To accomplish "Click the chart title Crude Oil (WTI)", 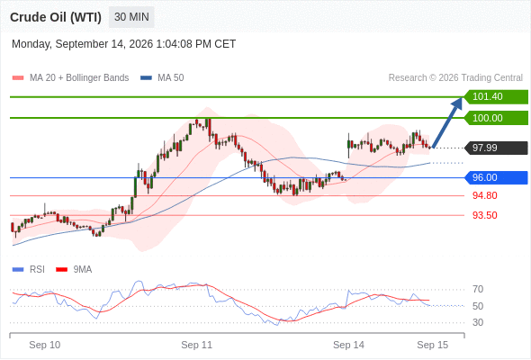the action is point(56,17).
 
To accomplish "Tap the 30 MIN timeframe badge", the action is point(131,17).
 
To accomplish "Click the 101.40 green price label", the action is point(496,97).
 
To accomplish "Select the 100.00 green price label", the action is point(496,118).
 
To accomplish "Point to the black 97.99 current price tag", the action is point(496,148).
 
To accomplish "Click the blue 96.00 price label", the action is point(496,177).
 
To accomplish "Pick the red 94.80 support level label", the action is point(484,195).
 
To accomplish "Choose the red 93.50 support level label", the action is point(484,215).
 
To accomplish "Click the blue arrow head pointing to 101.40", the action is point(458,103).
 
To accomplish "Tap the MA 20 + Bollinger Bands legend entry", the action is point(70,78).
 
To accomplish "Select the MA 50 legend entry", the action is point(162,78).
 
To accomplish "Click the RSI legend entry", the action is point(28,270).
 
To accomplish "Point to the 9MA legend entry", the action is point(74,270).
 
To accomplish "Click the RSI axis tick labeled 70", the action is point(478,289).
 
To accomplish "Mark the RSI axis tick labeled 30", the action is point(478,322).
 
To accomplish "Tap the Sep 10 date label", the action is point(45,345).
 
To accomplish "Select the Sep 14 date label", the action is point(348,345).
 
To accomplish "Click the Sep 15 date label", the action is point(433,345).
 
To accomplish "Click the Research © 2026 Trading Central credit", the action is point(455,78).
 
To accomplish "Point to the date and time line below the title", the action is point(123,44).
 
